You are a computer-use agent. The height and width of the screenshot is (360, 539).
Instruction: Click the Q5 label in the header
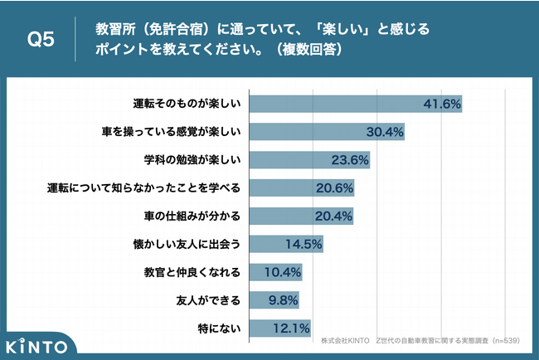pyautogui.click(x=41, y=40)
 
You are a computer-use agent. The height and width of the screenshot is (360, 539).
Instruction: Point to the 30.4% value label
pyautogui.click(x=384, y=132)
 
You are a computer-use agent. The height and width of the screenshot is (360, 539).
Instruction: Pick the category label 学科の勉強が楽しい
pyautogui.click(x=192, y=160)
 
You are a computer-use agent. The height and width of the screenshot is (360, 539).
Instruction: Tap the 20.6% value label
pyautogui.click(x=333, y=188)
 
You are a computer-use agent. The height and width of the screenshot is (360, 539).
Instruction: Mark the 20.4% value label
pyautogui.click(x=333, y=216)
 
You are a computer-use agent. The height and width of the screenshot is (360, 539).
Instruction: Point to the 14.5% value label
pyautogui.click(x=303, y=245)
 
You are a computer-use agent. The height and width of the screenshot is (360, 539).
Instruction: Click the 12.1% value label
pyautogui.click(x=291, y=328)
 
